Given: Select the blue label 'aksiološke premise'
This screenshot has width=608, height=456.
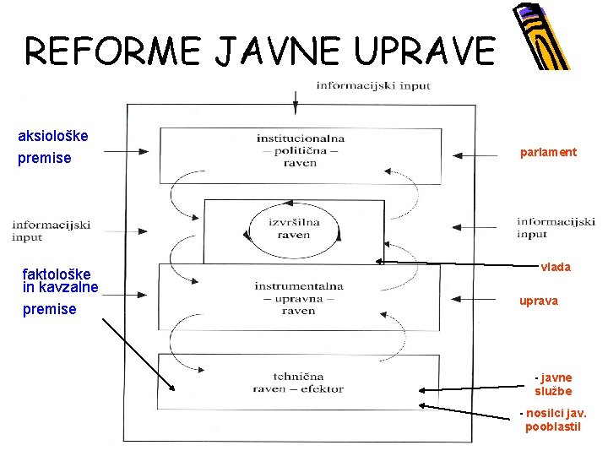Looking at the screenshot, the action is [52, 147].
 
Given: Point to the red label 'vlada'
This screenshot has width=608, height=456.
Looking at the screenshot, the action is [556, 267].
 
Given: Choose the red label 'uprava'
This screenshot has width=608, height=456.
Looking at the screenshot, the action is [538, 301].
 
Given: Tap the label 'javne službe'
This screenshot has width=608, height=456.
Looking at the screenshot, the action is [553, 384].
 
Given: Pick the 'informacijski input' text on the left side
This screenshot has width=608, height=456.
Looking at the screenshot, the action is [52, 231].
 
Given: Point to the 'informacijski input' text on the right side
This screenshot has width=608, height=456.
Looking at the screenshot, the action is [556, 228].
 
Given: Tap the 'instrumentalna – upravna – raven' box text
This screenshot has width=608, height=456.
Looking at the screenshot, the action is [299, 298].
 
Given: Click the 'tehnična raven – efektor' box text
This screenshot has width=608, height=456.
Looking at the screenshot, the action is [298, 382].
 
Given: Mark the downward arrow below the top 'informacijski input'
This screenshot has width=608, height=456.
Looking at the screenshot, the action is [296, 101].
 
